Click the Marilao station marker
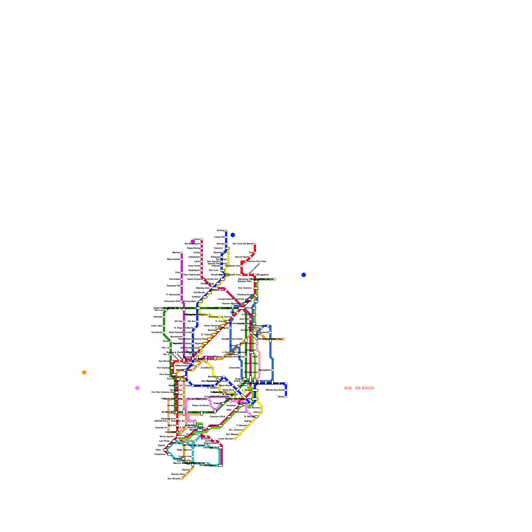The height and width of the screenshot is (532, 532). [x=182, y=253]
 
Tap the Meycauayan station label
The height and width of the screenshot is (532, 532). [x=174, y=259]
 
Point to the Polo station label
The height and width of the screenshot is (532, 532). [x=178, y=273]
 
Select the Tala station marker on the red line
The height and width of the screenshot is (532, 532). [x=255, y=253]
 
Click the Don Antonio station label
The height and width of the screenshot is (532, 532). [x=245, y=288]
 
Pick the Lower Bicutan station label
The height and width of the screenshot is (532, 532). [x=226, y=439]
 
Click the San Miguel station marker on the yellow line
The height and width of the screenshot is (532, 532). [x=239, y=435]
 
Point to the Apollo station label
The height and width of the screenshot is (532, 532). [x=185, y=470]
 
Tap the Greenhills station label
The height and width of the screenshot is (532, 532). [x=234, y=368]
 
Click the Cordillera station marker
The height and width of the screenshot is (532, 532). [x=213, y=368]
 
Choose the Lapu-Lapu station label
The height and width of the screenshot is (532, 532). [x=157, y=326]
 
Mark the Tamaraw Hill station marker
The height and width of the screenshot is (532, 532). [x=182, y=286]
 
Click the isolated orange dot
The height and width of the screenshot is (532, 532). [x=84, y=372]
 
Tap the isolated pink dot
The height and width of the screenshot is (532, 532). [x=137, y=388]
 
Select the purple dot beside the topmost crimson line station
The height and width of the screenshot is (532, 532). [x=193, y=241]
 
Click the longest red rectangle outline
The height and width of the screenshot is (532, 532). [x=368, y=388]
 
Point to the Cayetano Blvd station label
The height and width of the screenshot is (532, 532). [x=217, y=417]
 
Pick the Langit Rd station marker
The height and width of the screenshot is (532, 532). [x=226, y=237]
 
